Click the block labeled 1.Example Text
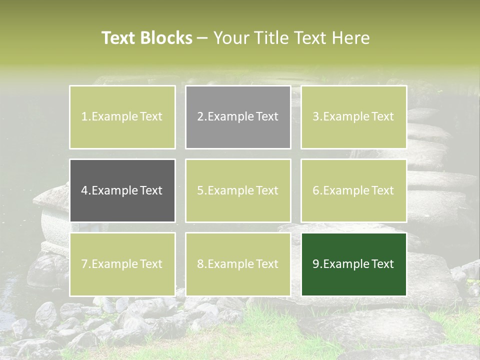point(122,117)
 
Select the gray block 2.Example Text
point(238,117)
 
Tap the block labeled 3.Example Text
point(353,117)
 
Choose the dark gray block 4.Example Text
point(122,190)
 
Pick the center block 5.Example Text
point(238,190)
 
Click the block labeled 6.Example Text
point(353,190)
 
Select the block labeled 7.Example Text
point(122,264)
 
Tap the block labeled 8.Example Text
point(238,264)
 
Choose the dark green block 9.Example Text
point(353,264)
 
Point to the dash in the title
point(202,38)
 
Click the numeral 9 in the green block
point(316,264)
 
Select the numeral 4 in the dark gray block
point(84,190)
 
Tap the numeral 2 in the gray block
point(200,117)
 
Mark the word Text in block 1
point(151,117)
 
